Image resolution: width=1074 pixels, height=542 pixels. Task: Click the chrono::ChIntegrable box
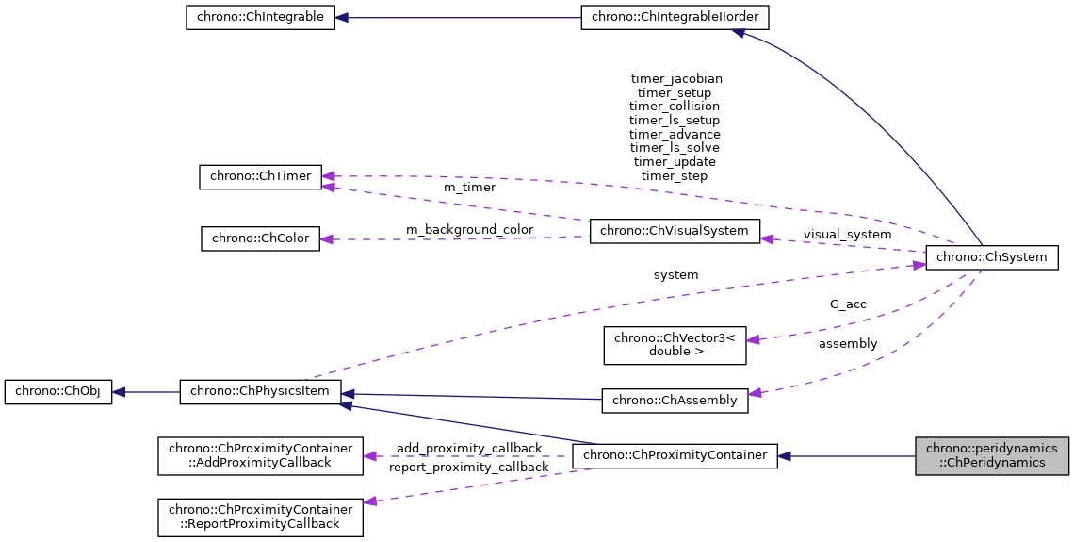[260, 17]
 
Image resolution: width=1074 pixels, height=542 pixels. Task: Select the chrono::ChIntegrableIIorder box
[675, 17]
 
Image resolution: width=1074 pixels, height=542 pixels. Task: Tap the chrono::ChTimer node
[261, 177]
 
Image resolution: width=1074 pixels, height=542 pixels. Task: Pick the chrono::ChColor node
[261, 238]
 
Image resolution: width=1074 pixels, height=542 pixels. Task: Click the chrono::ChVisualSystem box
[675, 231]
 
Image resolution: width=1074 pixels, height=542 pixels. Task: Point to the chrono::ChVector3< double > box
[675, 345]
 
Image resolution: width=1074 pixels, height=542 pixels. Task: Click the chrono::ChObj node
[58, 392]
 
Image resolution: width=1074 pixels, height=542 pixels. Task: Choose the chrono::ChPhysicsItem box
[261, 392]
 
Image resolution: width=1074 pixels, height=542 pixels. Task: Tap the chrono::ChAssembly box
[675, 400]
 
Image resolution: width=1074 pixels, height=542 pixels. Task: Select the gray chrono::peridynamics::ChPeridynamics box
[992, 455]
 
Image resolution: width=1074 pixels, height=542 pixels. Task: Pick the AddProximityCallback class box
[260, 455]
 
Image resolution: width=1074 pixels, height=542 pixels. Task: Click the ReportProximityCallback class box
[260, 517]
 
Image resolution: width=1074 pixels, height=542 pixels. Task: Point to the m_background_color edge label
[469, 229]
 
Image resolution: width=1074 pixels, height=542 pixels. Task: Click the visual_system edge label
[847, 234]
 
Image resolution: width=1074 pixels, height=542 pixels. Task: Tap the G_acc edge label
[848, 304]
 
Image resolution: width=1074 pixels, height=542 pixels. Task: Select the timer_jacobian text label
[676, 79]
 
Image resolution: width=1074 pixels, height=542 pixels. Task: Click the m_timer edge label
[469, 187]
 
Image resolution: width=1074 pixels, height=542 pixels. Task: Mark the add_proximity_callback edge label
[469, 448]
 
